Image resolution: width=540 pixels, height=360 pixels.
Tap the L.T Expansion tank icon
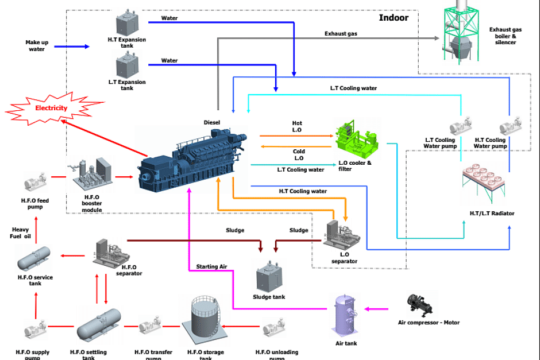coord(127,64)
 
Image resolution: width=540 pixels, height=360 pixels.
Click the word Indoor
coord(394,18)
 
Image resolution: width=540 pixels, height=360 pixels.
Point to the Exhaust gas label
coord(341,34)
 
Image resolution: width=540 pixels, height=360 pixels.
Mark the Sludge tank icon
coord(268,277)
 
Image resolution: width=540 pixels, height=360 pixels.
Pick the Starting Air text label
coord(211,266)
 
